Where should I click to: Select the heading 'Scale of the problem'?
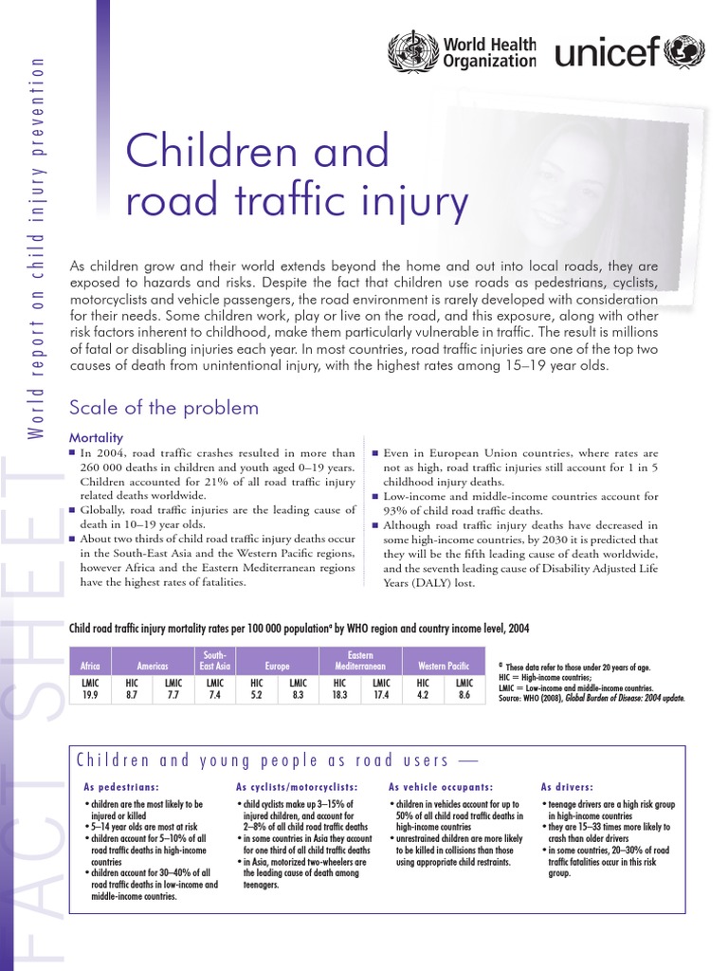pos(164,408)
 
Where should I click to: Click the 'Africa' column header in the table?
pos(91,667)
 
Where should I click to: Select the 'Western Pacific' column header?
pos(443,667)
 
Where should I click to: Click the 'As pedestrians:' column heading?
pos(121,787)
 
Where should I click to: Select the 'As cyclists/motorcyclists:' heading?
pos(297,787)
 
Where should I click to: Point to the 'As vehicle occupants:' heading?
pos(441,787)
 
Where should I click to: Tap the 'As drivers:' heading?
pos(567,787)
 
